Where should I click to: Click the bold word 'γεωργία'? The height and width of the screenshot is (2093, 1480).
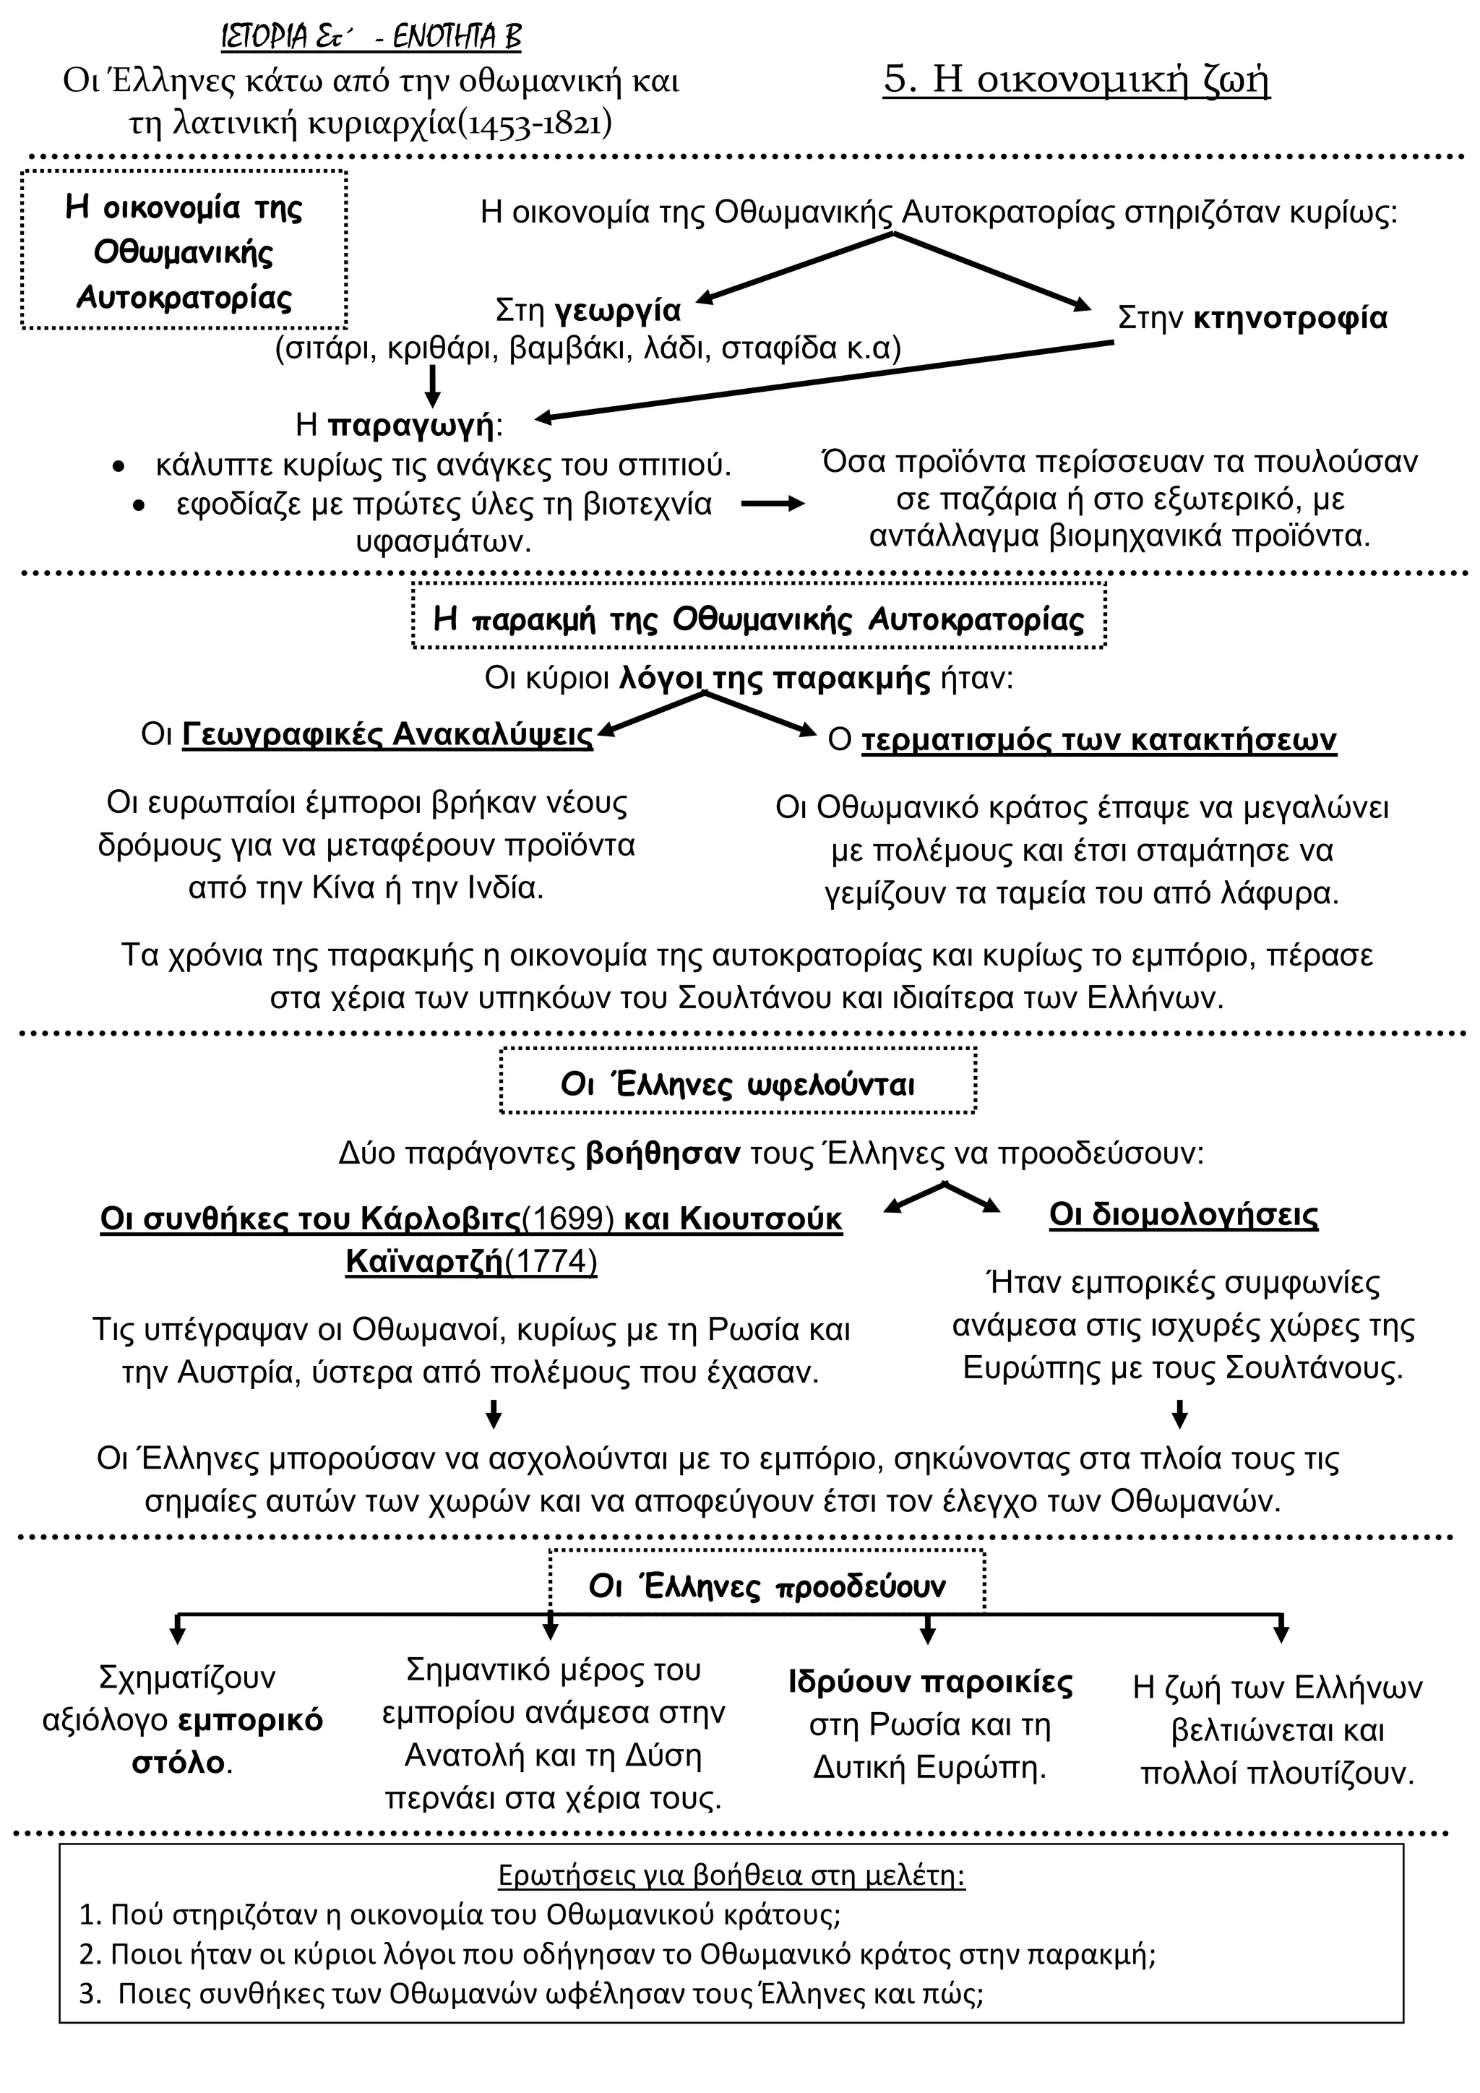618,311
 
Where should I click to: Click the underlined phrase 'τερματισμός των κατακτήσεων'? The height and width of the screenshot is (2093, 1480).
1098,739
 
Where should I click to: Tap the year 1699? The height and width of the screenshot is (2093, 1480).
569,1219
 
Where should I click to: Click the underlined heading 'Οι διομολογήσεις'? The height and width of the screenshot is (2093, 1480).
1183,1215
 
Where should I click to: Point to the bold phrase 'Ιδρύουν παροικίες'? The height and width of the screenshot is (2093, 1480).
929,1682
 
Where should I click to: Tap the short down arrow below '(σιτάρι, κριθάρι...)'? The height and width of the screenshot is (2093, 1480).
433,387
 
